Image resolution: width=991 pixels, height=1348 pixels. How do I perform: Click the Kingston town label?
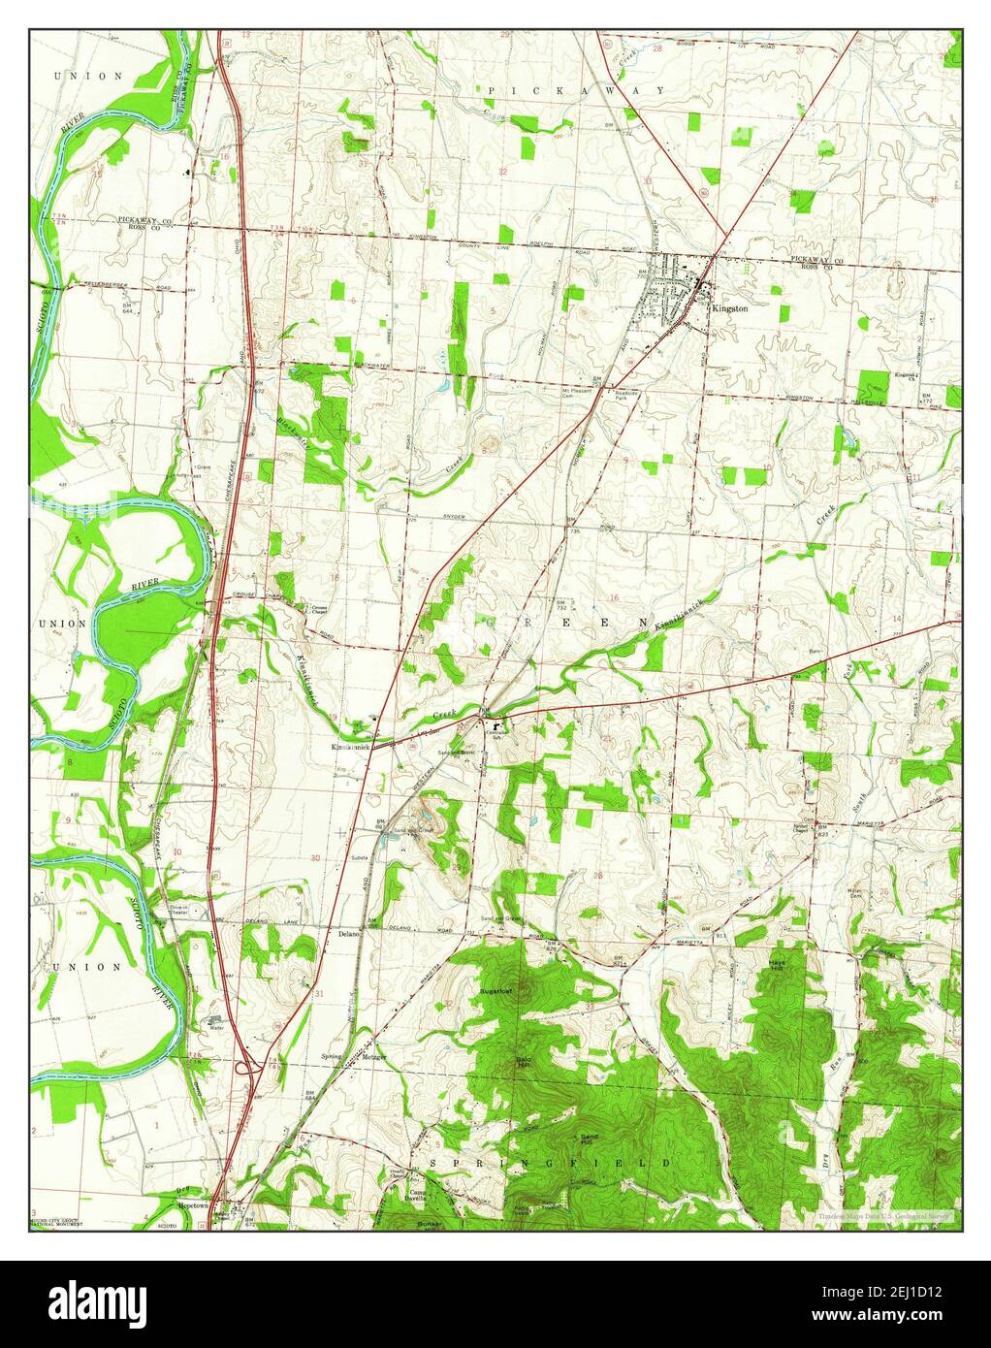[729, 307]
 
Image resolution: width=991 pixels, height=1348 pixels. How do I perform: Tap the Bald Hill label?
[525, 1061]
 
